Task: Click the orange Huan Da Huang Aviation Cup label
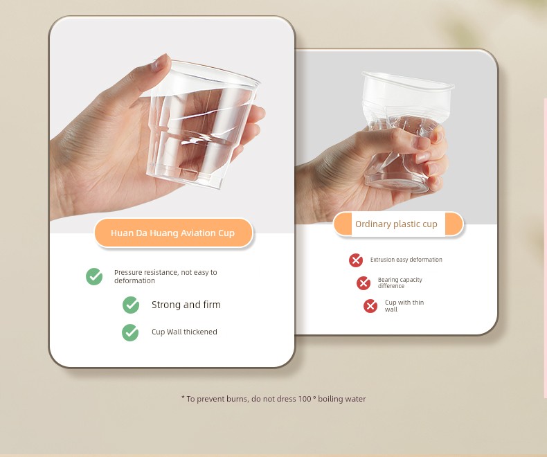click(x=173, y=233)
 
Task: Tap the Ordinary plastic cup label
click(x=398, y=224)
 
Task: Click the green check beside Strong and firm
click(x=131, y=305)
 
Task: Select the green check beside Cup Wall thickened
click(x=130, y=332)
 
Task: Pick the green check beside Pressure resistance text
click(x=94, y=277)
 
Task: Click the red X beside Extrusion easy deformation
click(x=356, y=260)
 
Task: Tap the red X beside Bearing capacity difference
click(x=363, y=283)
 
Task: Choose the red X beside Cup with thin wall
click(x=370, y=306)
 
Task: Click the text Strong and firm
click(x=186, y=305)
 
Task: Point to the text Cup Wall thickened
click(x=184, y=332)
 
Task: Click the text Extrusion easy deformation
click(x=406, y=260)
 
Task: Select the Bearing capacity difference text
click(x=400, y=283)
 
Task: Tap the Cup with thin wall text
click(x=404, y=305)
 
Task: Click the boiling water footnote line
click(x=273, y=399)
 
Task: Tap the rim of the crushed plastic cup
click(x=408, y=81)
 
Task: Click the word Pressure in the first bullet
click(x=128, y=272)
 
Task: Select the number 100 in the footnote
click(x=305, y=398)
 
